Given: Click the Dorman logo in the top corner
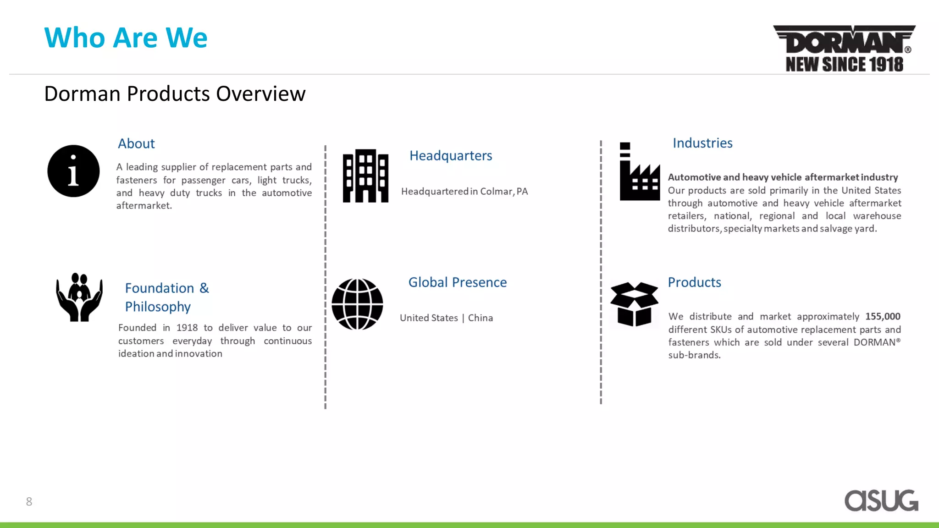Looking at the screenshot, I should click(844, 49).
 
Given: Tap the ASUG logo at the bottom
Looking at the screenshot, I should click(881, 500).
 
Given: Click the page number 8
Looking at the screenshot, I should click(29, 502).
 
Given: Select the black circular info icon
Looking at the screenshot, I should click(73, 171).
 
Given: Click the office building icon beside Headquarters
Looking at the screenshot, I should click(365, 176).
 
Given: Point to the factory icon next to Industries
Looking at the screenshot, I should click(639, 172).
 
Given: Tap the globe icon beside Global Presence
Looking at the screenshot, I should click(357, 304).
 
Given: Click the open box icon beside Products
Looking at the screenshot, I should click(634, 304).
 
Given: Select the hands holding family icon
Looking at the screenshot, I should click(79, 297).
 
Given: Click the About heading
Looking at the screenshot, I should click(136, 144).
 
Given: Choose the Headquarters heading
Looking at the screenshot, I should click(450, 156).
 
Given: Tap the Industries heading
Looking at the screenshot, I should click(702, 143).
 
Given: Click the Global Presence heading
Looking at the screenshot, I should click(457, 282).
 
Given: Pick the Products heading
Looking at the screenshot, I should click(694, 282).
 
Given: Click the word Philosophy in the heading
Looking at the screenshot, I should click(158, 307).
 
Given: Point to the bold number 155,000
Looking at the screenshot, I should click(883, 316).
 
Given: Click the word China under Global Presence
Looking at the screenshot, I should click(480, 318).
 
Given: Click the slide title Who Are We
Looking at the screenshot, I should click(126, 38).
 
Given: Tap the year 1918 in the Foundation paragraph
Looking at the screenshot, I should click(187, 328).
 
